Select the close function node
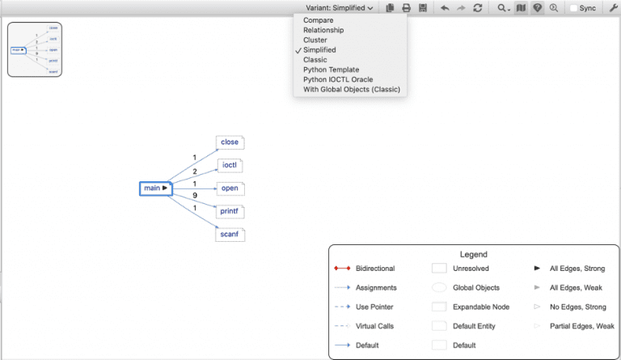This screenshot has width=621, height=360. click(x=230, y=142)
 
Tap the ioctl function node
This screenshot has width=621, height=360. click(x=230, y=165)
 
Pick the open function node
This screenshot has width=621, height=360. click(x=230, y=188)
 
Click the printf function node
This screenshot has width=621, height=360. click(x=230, y=211)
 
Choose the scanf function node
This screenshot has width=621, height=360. click(x=230, y=235)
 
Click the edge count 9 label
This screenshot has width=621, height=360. click(x=195, y=196)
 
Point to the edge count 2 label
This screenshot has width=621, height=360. click(x=195, y=172)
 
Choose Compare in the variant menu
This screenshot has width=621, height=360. click(x=318, y=20)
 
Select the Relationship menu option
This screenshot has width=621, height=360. click(x=323, y=30)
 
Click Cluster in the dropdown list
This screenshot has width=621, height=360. click(x=315, y=40)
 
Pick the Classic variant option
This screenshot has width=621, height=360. click(x=315, y=60)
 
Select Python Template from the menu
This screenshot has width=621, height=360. click(x=332, y=70)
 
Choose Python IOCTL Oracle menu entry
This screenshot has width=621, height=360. click(x=338, y=79)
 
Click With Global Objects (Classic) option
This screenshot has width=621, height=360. click(x=352, y=89)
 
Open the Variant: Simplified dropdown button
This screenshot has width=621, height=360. click(x=339, y=8)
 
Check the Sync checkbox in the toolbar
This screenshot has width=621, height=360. click(x=574, y=8)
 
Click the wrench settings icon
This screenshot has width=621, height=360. click(x=612, y=8)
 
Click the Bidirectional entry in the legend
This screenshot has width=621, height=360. click(x=376, y=268)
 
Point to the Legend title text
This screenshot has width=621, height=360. click(x=473, y=254)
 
